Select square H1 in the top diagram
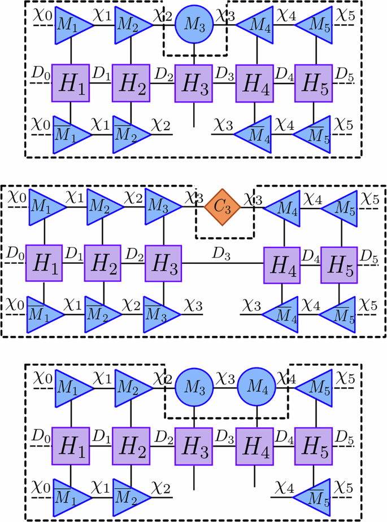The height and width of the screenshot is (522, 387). [x=70, y=83]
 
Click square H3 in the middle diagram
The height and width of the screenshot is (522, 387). [x=163, y=262]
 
